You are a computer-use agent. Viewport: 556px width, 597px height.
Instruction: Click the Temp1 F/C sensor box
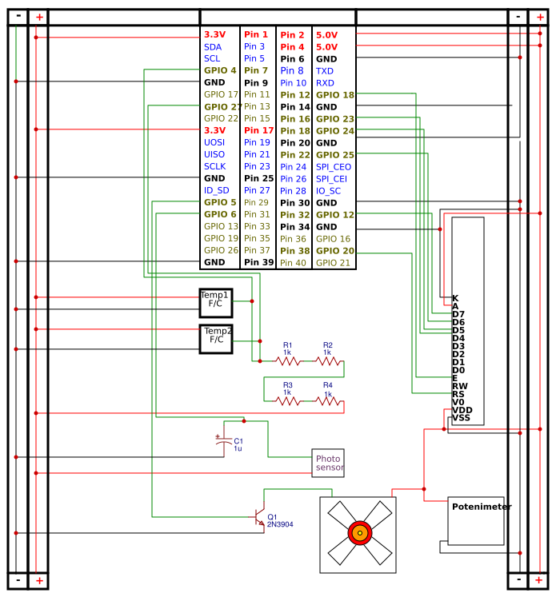pyautogui.click(x=215, y=303)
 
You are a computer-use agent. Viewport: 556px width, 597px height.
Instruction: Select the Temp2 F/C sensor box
pyautogui.click(x=215, y=339)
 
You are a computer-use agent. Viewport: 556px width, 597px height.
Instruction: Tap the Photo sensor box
pyautogui.click(x=328, y=463)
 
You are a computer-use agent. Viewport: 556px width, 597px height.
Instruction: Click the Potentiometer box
pyautogui.click(x=476, y=521)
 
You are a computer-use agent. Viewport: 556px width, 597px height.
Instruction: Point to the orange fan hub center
pyautogui.click(x=360, y=533)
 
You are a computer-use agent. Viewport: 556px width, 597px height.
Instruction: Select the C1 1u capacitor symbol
pyautogui.click(x=220, y=440)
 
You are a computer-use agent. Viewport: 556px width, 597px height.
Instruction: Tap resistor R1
pyautogui.click(x=288, y=361)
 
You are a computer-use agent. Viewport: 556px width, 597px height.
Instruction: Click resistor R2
pyautogui.click(x=327, y=361)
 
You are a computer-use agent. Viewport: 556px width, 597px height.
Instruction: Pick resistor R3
pyautogui.click(x=288, y=401)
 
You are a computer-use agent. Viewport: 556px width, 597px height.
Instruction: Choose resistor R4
pyautogui.click(x=327, y=401)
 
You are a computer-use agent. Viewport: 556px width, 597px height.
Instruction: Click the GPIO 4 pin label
pyautogui.click(x=220, y=70)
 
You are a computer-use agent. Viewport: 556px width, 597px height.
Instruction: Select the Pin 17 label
pyautogui.click(x=258, y=130)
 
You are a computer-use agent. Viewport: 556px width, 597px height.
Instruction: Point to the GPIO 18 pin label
pyautogui.click(x=334, y=94)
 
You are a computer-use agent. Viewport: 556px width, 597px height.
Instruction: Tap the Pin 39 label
pyautogui.click(x=258, y=262)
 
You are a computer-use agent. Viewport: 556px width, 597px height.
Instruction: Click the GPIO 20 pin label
pyautogui.click(x=334, y=250)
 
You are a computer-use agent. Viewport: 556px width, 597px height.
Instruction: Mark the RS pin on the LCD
pyautogui.click(x=458, y=394)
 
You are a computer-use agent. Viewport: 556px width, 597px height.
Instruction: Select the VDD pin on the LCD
pyautogui.click(x=462, y=410)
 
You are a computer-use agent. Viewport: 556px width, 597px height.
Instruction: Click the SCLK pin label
pyautogui.click(x=214, y=166)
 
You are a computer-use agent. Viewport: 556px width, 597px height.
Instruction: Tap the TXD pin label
pyautogui.click(x=325, y=70)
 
